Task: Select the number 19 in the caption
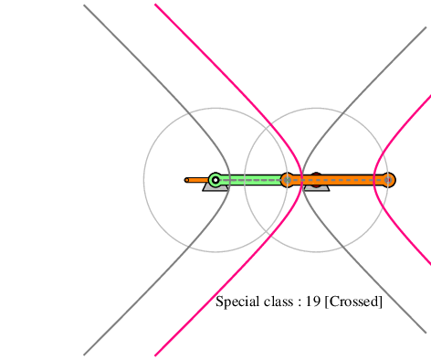(313, 302)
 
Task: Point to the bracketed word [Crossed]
(353, 302)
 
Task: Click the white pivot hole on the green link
(215, 180)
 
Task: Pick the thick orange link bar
(338, 180)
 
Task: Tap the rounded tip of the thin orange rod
(186, 180)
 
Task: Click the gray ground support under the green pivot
(215, 187)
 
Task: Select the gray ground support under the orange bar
(317, 188)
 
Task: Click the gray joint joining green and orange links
(287, 180)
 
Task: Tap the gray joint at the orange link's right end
(388, 180)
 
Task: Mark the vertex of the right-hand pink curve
(374, 180)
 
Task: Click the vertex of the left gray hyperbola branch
(229, 180)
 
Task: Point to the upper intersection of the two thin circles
(266, 129)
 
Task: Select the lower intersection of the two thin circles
(266, 231)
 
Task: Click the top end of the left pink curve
(155, 5)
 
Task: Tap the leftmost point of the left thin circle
(144, 180)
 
